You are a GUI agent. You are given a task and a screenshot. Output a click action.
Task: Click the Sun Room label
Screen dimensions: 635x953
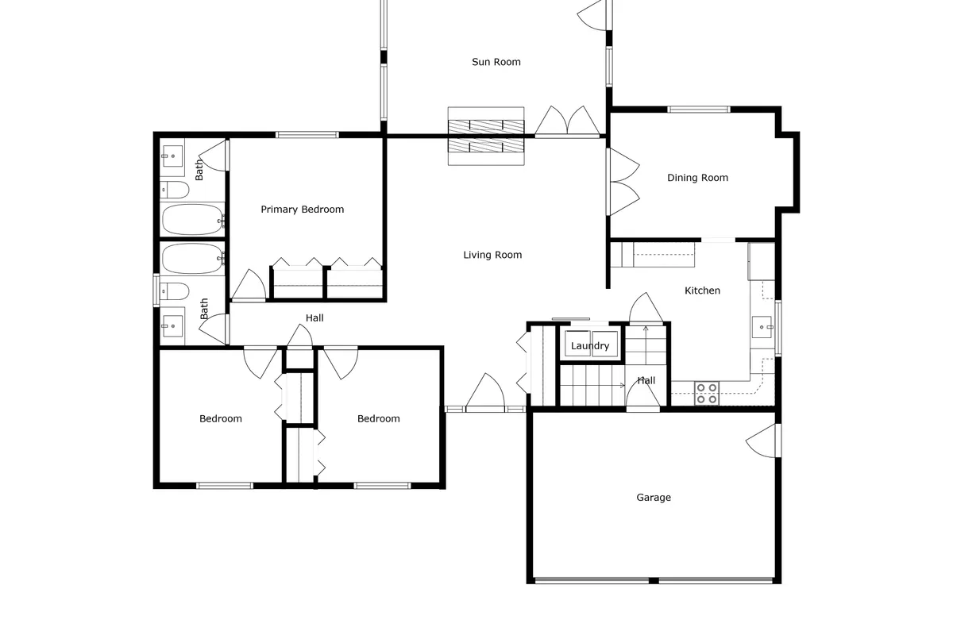[496, 62]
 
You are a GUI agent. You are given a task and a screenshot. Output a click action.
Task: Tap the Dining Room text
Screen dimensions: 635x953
[697, 178]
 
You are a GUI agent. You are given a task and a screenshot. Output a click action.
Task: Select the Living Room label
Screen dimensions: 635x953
[492, 255]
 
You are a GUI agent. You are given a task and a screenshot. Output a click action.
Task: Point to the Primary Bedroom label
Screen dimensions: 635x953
[303, 210]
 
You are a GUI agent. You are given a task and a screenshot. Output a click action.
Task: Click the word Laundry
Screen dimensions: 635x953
[590, 346]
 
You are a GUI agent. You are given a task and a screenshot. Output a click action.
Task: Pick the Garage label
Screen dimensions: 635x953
[654, 498]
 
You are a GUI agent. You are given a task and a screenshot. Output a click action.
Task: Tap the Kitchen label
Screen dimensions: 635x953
[702, 291]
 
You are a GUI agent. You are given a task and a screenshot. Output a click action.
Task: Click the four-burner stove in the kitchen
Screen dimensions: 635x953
[707, 393]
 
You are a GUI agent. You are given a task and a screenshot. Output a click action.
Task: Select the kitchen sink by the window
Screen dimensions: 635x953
[762, 325]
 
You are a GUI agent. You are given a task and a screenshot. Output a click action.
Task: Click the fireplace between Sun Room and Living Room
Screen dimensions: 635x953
[486, 136]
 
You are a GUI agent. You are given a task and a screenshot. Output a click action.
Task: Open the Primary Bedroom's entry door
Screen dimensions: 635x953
[249, 286]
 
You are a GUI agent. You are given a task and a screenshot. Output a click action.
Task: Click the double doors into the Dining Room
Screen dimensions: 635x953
[623, 181]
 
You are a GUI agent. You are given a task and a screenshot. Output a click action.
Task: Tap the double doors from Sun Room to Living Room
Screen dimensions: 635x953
[566, 121]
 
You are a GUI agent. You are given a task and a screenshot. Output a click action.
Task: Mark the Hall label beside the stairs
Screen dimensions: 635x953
[646, 381]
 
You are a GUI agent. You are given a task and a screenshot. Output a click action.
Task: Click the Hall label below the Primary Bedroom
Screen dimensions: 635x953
[314, 318]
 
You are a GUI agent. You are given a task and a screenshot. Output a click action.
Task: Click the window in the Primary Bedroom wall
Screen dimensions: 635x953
[307, 134]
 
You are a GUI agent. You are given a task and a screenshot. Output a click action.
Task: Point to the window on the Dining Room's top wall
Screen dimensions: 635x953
[698, 110]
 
